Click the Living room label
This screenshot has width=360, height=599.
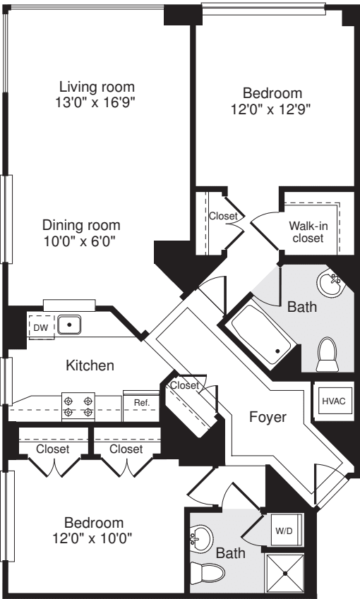point(97,87)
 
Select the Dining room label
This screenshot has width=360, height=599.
point(81,226)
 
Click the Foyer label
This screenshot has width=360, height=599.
point(268,417)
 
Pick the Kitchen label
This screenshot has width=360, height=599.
point(90,365)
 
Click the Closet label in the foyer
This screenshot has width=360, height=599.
point(184,386)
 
